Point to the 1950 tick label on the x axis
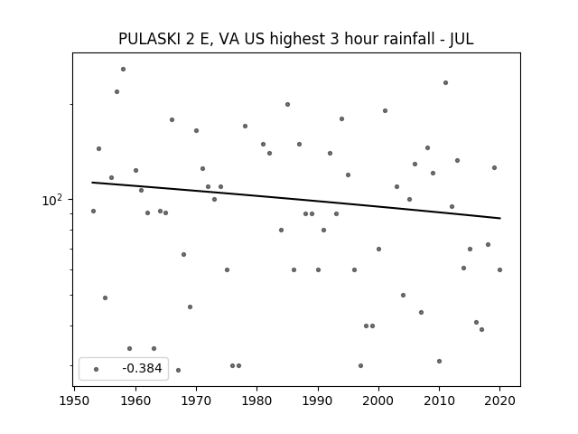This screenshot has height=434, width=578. click(x=74, y=401)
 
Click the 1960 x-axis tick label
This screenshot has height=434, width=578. click(x=135, y=401)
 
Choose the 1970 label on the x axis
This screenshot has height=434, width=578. click(x=196, y=401)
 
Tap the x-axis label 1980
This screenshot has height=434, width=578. click(x=256, y=401)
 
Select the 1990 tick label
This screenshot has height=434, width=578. click(x=317, y=401)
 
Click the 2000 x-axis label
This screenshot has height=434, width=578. click(x=378, y=401)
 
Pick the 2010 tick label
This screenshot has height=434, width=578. click(x=439, y=401)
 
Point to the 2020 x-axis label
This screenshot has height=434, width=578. click(x=499, y=401)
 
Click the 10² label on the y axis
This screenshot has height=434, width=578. click(x=52, y=200)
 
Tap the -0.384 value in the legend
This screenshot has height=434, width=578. click(x=142, y=368)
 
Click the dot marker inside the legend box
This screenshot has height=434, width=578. click(x=97, y=369)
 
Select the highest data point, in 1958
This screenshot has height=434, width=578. click(x=123, y=69)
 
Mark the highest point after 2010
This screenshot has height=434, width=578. click(x=445, y=82)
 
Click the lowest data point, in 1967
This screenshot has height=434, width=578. click(x=178, y=370)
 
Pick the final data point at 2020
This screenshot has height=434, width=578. click(x=499, y=269)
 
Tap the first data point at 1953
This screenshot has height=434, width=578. click(x=93, y=211)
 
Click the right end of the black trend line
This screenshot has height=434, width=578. click(x=500, y=218)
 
